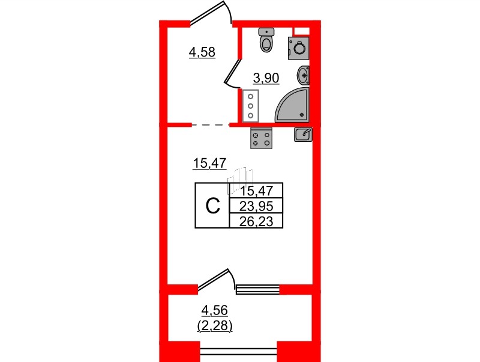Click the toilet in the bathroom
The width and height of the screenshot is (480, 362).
[266, 40]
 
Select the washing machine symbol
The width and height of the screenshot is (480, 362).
[298, 48]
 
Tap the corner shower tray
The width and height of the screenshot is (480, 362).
[292, 105]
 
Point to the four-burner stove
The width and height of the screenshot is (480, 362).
[261, 138]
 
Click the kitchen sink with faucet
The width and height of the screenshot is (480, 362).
[304, 134]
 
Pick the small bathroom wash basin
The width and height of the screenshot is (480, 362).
[303, 75]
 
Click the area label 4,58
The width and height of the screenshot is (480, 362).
[202, 52]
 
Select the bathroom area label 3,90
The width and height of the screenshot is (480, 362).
[266, 78]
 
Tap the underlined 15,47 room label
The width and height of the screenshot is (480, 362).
[209, 163]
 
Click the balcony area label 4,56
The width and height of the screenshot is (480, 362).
[215, 310]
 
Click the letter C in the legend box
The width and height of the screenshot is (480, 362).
[213, 206]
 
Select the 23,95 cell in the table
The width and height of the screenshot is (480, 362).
[256, 206]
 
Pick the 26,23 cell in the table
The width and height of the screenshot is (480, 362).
[256, 221]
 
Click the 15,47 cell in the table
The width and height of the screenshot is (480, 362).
[256, 191]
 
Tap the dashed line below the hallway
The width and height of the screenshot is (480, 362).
[211, 125]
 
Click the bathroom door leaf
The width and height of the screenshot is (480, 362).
[232, 71]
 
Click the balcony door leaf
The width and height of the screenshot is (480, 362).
[214, 279]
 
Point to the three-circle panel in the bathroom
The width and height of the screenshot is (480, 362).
[251, 106]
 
